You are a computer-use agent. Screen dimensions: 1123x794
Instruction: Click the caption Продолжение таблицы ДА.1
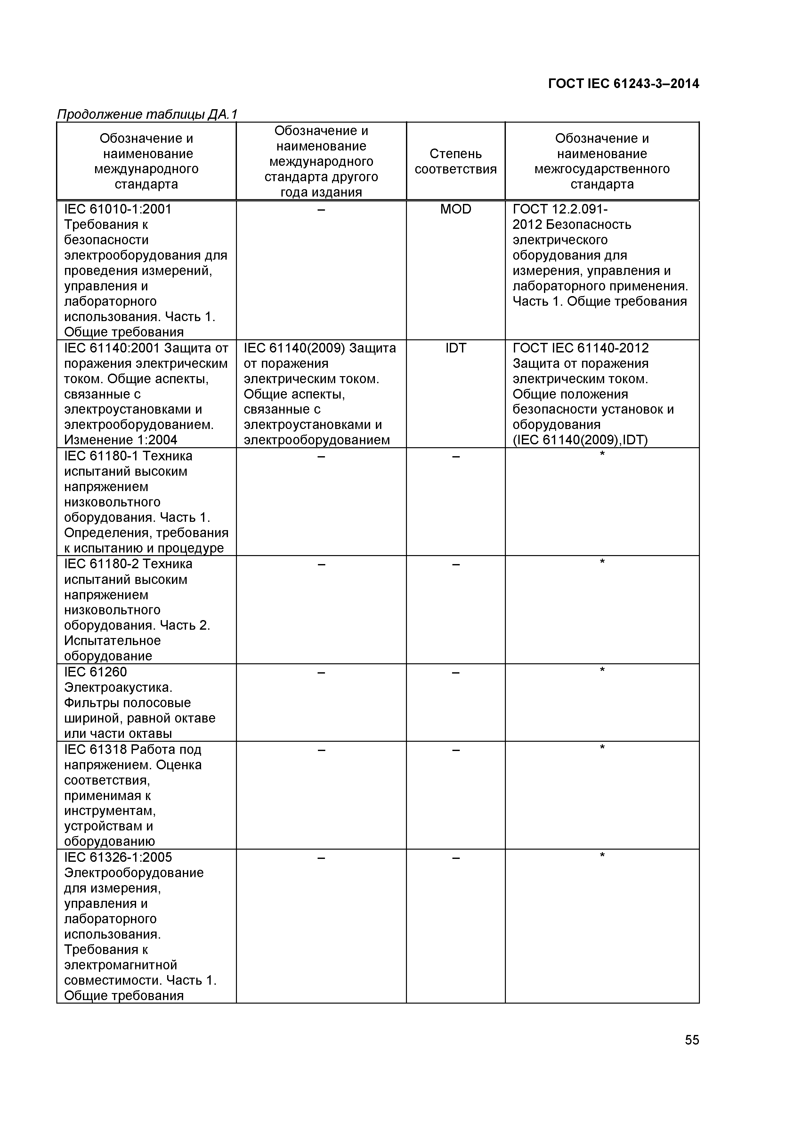(147, 115)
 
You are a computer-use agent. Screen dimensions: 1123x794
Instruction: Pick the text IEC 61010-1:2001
(118, 209)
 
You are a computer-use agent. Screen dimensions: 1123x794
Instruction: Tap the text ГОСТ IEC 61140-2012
(580, 348)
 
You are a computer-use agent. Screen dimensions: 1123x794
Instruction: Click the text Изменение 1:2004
(120, 440)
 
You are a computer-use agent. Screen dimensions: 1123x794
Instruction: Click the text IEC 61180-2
(101, 564)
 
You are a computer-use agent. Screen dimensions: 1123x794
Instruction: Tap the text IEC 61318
(95, 750)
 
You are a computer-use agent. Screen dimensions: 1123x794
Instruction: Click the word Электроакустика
(118, 688)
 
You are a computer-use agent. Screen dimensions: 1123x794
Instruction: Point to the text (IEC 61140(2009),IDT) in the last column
(580, 440)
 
